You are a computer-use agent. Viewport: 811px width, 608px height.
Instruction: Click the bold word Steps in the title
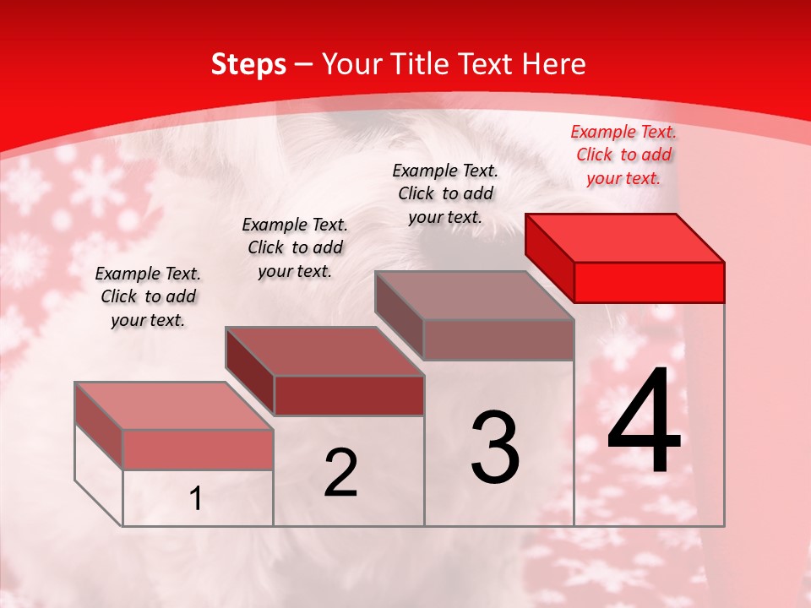point(248,64)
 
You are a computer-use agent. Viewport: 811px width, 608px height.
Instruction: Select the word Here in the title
point(553,64)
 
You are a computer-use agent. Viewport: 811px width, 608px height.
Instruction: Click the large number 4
point(644,422)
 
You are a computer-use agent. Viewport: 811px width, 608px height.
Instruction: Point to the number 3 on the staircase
point(495,447)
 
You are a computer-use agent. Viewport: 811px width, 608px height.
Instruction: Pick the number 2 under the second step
point(340,473)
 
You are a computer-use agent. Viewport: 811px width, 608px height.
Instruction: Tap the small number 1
point(196,498)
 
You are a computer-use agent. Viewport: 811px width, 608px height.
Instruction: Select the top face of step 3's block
point(475,296)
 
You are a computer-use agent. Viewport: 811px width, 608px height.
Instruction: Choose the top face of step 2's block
point(324,351)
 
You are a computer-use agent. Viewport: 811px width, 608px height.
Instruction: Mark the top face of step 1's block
point(174,406)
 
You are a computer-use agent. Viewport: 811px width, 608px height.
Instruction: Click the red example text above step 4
point(623,155)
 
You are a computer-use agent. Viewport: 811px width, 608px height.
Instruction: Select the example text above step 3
point(445,193)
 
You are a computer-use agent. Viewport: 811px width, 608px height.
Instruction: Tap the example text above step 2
point(295,247)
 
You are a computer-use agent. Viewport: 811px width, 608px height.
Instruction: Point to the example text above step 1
point(148,296)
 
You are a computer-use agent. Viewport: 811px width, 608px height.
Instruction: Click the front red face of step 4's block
point(649,282)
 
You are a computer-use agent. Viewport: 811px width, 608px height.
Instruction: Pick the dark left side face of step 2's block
point(250,372)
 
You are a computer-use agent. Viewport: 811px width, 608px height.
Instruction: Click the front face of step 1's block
point(198,449)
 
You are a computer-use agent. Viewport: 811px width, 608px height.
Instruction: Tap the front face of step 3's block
point(498,339)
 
